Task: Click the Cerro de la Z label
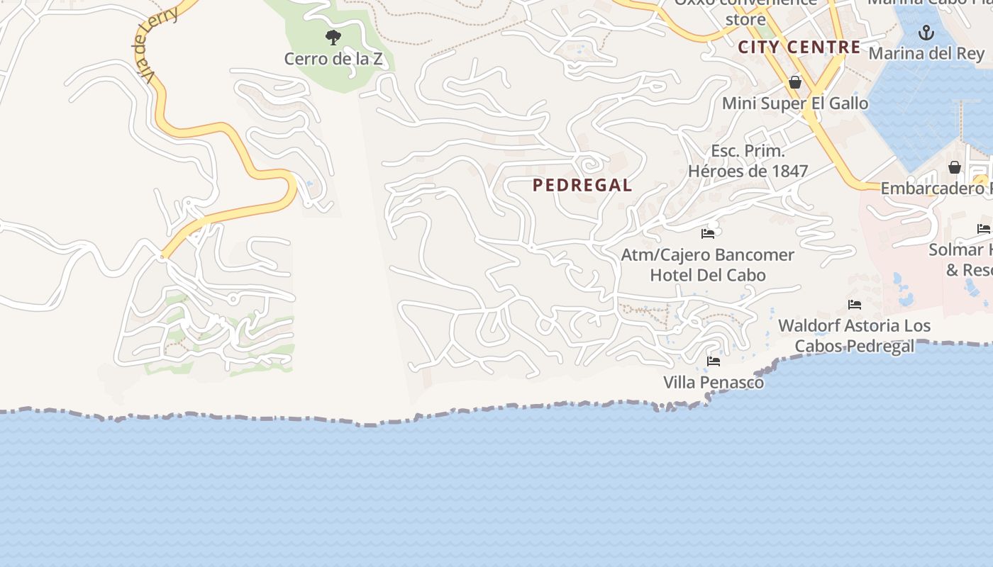coord(333,59)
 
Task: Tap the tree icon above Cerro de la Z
coord(333,38)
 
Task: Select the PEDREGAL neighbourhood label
coord(582,186)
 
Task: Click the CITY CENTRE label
coord(799,47)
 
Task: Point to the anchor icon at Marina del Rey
coord(926,33)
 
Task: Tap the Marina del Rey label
coord(926,54)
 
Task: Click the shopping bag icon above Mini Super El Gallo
coord(795,83)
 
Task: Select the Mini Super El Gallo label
coord(794,103)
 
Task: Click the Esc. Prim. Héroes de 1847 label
coord(748,161)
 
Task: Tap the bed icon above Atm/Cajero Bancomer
coord(707,233)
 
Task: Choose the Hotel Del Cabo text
coord(708,275)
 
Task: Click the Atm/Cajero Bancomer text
coord(707,254)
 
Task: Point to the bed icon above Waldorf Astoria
coord(855,305)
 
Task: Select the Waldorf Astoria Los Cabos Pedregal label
coord(854,336)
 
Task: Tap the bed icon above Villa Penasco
coord(714,361)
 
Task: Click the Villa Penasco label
coord(714,383)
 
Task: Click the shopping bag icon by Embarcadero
coord(955,168)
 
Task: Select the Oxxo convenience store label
coord(745,11)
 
